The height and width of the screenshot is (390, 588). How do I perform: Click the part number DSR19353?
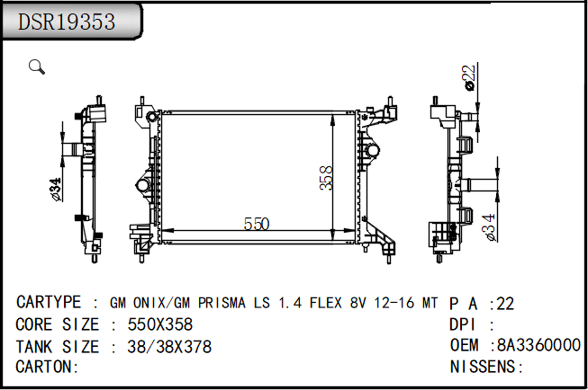pos(67,22)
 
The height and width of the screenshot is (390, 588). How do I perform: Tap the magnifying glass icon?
pos(37,66)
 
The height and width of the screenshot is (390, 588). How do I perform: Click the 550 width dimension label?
pos(257,224)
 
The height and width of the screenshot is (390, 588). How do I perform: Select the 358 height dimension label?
pos(326,178)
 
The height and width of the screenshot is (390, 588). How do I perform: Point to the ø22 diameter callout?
pos(470,78)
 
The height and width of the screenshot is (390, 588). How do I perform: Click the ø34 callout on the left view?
pos(55,190)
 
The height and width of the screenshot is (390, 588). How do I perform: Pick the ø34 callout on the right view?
pos(489,227)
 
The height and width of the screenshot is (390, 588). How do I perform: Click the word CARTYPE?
pos(49,302)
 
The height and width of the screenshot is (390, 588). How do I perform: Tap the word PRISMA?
pos(222,303)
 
